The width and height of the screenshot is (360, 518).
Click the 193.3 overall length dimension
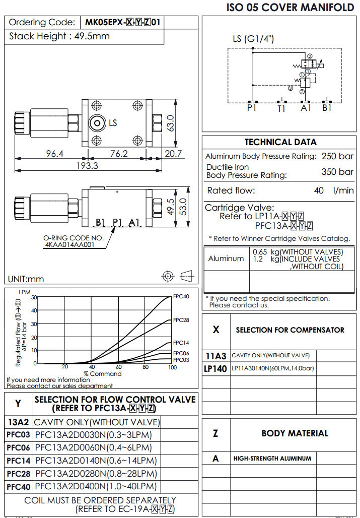(86, 165)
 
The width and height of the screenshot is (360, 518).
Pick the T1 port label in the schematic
(281, 107)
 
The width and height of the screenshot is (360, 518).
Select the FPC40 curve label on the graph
(181, 296)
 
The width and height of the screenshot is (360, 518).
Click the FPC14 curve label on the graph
(181, 343)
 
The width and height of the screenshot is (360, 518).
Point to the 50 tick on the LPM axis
(34, 297)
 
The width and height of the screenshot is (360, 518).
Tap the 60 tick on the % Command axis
(118, 367)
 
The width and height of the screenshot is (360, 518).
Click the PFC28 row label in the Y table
(19, 474)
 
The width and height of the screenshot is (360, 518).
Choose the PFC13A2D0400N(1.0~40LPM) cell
(96, 487)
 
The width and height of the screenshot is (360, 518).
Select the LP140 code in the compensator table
(217, 368)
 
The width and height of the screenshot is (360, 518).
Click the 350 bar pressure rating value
(337, 172)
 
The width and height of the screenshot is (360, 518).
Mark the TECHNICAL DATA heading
(280, 142)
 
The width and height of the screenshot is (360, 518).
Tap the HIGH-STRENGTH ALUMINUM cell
(272, 459)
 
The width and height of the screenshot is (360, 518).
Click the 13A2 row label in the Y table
(19, 422)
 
